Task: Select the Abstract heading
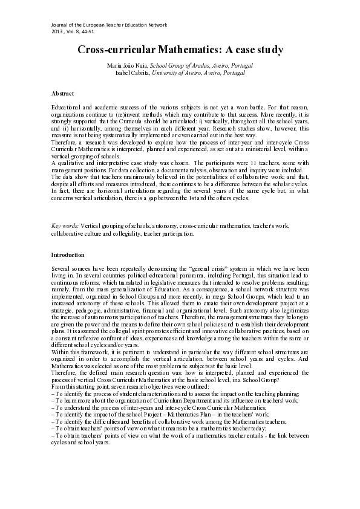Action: tap(64, 94)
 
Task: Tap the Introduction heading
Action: tap(68, 254)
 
